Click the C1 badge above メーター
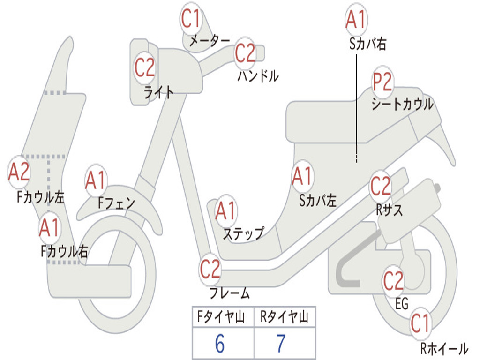point(192,19)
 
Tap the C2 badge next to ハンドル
point(245,53)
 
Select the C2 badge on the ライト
point(144,67)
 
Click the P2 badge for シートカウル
point(382,82)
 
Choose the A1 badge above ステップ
point(226,211)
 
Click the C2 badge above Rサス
point(381,187)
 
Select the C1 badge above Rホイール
point(420,323)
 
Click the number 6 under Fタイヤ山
point(220,344)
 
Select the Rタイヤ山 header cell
point(284,318)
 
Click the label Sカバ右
point(368,44)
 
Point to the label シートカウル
point(402,104)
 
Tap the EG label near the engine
point(402,304)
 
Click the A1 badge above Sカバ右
point(355,20)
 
